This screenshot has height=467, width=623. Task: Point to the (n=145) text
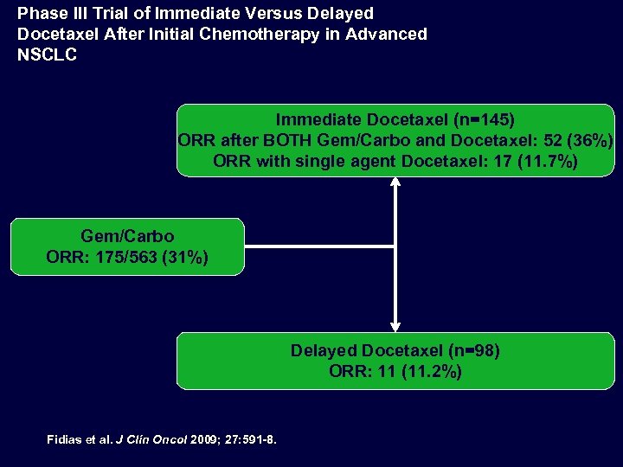[x=482, y=119]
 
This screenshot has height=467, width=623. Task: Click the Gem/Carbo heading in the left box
[x=127, y=236]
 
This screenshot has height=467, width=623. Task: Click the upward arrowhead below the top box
[x=395, y=182]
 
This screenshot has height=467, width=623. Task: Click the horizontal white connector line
[x=320, y=247]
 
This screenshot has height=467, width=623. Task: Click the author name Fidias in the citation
[x=66, y=439]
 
